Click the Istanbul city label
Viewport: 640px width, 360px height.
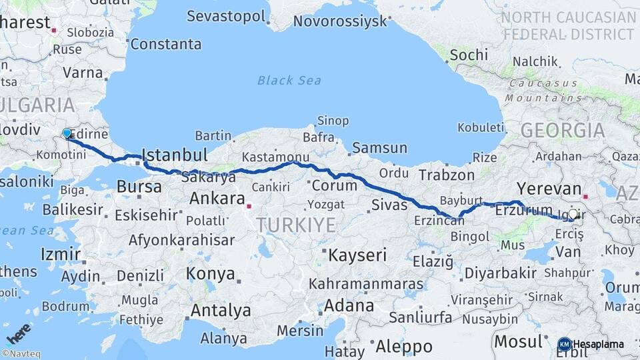pyautogui.click(x=175, y=155)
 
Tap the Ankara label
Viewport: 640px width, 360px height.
pyautogui.click(x=217, y=198)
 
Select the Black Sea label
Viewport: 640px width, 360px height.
pyautogui.click(x=289, y=81)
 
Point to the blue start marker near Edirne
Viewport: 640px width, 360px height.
pyautogui.click(x=67, y=133)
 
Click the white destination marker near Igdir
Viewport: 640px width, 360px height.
pyautogui.click(x=573, y=214)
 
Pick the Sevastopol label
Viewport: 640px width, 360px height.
pyautogui.click(x=226, y=16)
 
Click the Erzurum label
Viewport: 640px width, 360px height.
pyautogui.click(x=524, y=210)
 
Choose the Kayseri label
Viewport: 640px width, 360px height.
pyautogui.click(x=357, y=255)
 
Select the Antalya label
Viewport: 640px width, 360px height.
pyautogui.click(x=221, y=311)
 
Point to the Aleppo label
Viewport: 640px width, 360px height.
pyautogui.click(x=404, y=347)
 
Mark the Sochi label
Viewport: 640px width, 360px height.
pyautogui.click(x=469, y=55)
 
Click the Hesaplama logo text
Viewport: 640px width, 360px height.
pyautogui.click(x=599, y=345)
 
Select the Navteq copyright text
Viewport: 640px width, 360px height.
pyautogui.click(x=21, y=354)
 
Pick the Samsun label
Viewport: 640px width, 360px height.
pyautogui.click(x=379, y=148)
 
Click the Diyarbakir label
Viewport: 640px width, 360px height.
pyautogui.click(x=500, y=273)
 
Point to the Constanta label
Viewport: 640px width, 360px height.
pyautogui.click(x=165, y=45)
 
